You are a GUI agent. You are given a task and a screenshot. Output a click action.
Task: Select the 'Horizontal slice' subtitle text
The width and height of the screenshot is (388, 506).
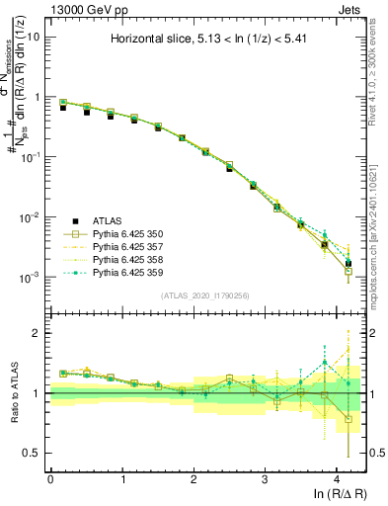click(x=206, y=40)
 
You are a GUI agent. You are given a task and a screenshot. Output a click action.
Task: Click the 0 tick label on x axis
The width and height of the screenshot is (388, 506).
click(x=50, y=478)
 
